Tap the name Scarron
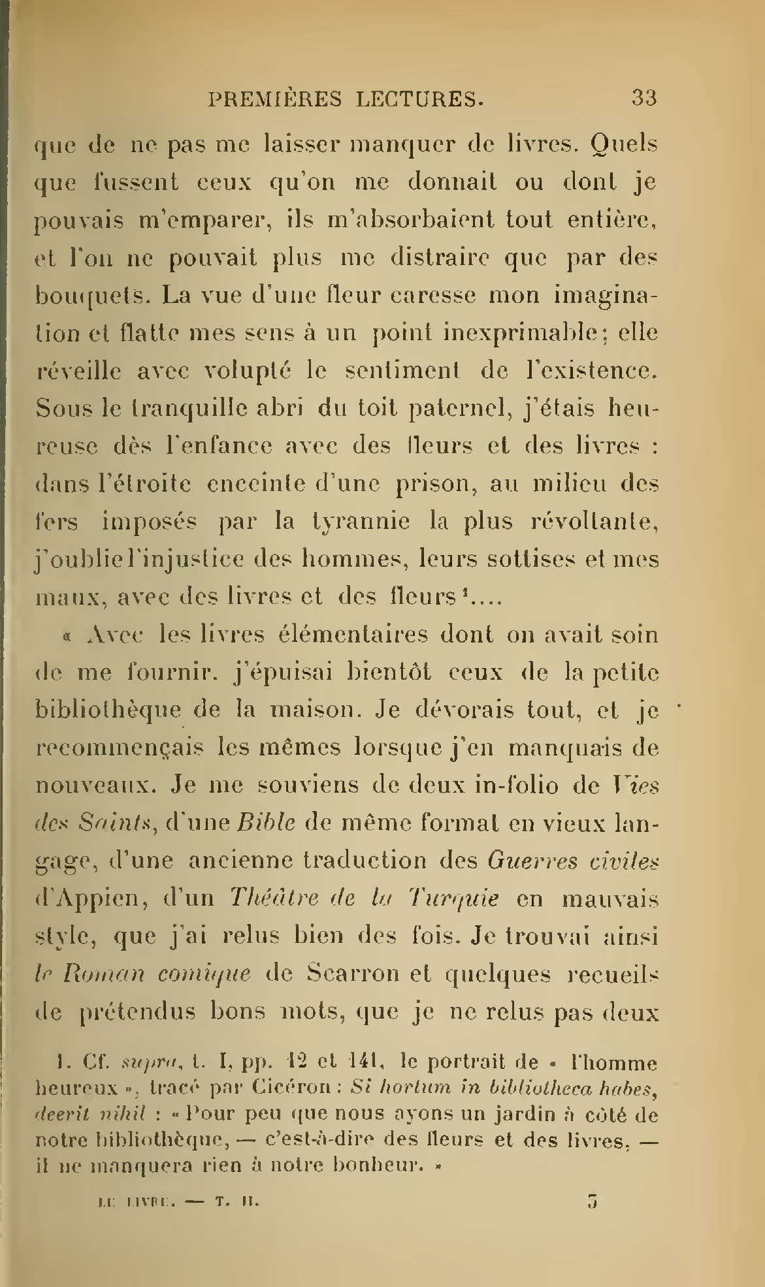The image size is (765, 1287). pos(356,975)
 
